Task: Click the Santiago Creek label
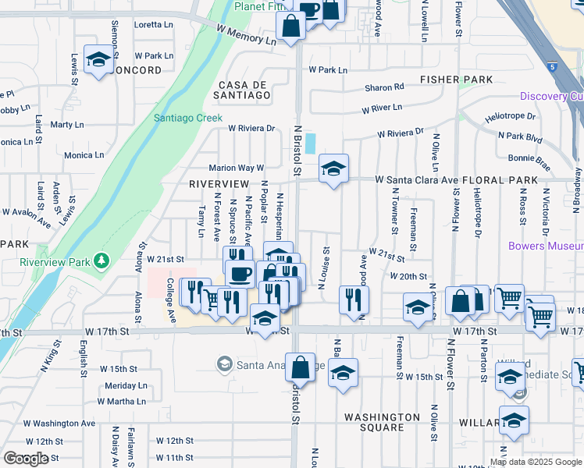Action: point(187,118)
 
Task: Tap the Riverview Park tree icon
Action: point(100,259)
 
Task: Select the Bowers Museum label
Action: point(545,246)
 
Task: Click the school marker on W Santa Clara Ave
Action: point(333,169)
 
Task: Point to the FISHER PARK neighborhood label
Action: point(456,80)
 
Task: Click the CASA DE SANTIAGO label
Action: point(244,90)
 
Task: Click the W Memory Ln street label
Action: point(247,34)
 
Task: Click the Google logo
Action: point(26,458)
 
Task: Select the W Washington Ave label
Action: point(59,424)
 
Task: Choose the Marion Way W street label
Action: point(237,168)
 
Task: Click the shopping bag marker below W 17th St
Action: point(300,367)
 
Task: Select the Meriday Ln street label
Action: point(126,385)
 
